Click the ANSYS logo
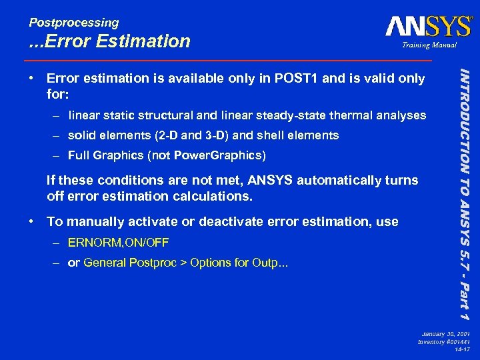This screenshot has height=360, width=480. click(428, 26)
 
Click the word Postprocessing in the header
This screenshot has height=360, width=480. click(73, 23)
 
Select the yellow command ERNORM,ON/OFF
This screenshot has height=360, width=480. click(118, 242)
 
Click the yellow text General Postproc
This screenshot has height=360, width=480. click(127, 262)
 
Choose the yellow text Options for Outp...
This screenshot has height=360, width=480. click(239, 262)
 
